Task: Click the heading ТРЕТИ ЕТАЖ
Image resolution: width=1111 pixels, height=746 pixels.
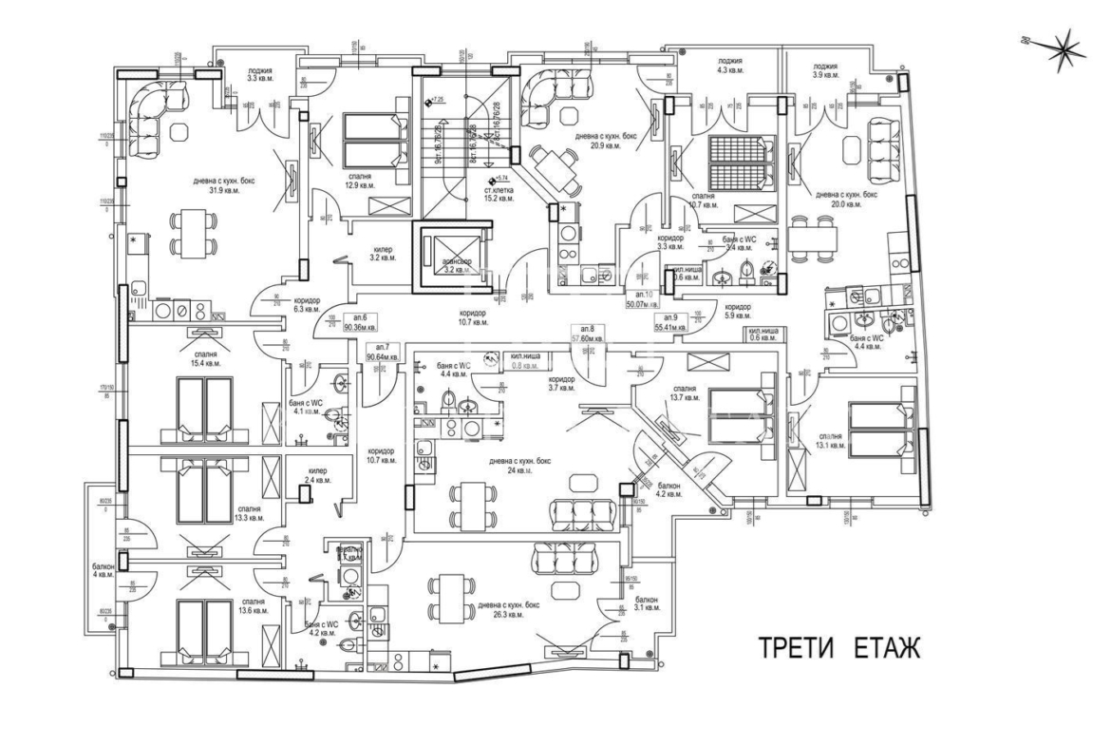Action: pyautogui.click(x=838, y=648)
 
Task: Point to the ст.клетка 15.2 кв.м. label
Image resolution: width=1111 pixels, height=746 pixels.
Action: pyautogui.click(x=499, y=195)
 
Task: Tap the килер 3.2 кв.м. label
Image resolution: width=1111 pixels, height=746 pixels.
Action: pyautogui.click(x=383, y=256)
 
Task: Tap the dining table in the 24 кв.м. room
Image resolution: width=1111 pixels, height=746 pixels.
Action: pyautogui.click(x=473, y=503)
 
